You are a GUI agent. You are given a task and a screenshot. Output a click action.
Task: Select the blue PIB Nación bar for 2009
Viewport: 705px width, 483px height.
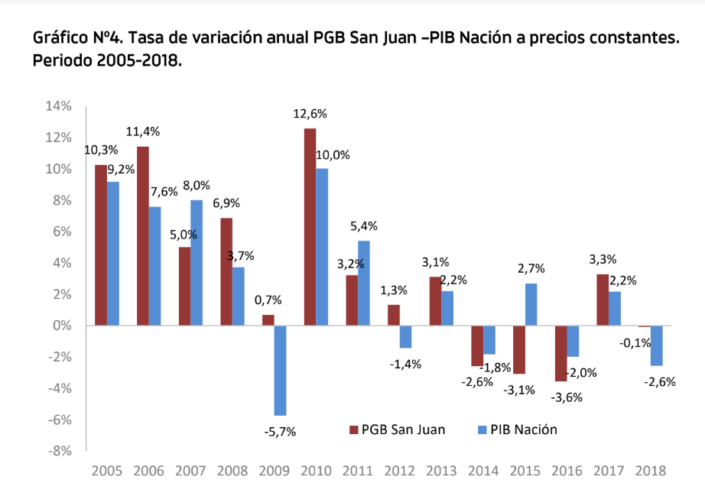point(280,370)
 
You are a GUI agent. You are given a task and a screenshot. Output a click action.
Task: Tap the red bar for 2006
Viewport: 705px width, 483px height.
point(142,236)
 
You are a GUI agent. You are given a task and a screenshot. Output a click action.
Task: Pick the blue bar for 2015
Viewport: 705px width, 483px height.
point(531,304)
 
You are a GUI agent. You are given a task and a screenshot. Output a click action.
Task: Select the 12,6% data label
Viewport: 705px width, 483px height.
point(310,114)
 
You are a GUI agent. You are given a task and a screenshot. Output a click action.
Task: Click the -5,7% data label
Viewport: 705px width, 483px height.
point(280,431)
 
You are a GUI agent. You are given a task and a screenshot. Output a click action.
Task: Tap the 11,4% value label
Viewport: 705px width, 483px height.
point(142,131)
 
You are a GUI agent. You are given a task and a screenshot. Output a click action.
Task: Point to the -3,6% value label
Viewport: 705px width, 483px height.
point(567,397)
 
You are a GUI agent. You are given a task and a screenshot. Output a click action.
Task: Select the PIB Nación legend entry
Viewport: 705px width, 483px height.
point(516,430)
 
